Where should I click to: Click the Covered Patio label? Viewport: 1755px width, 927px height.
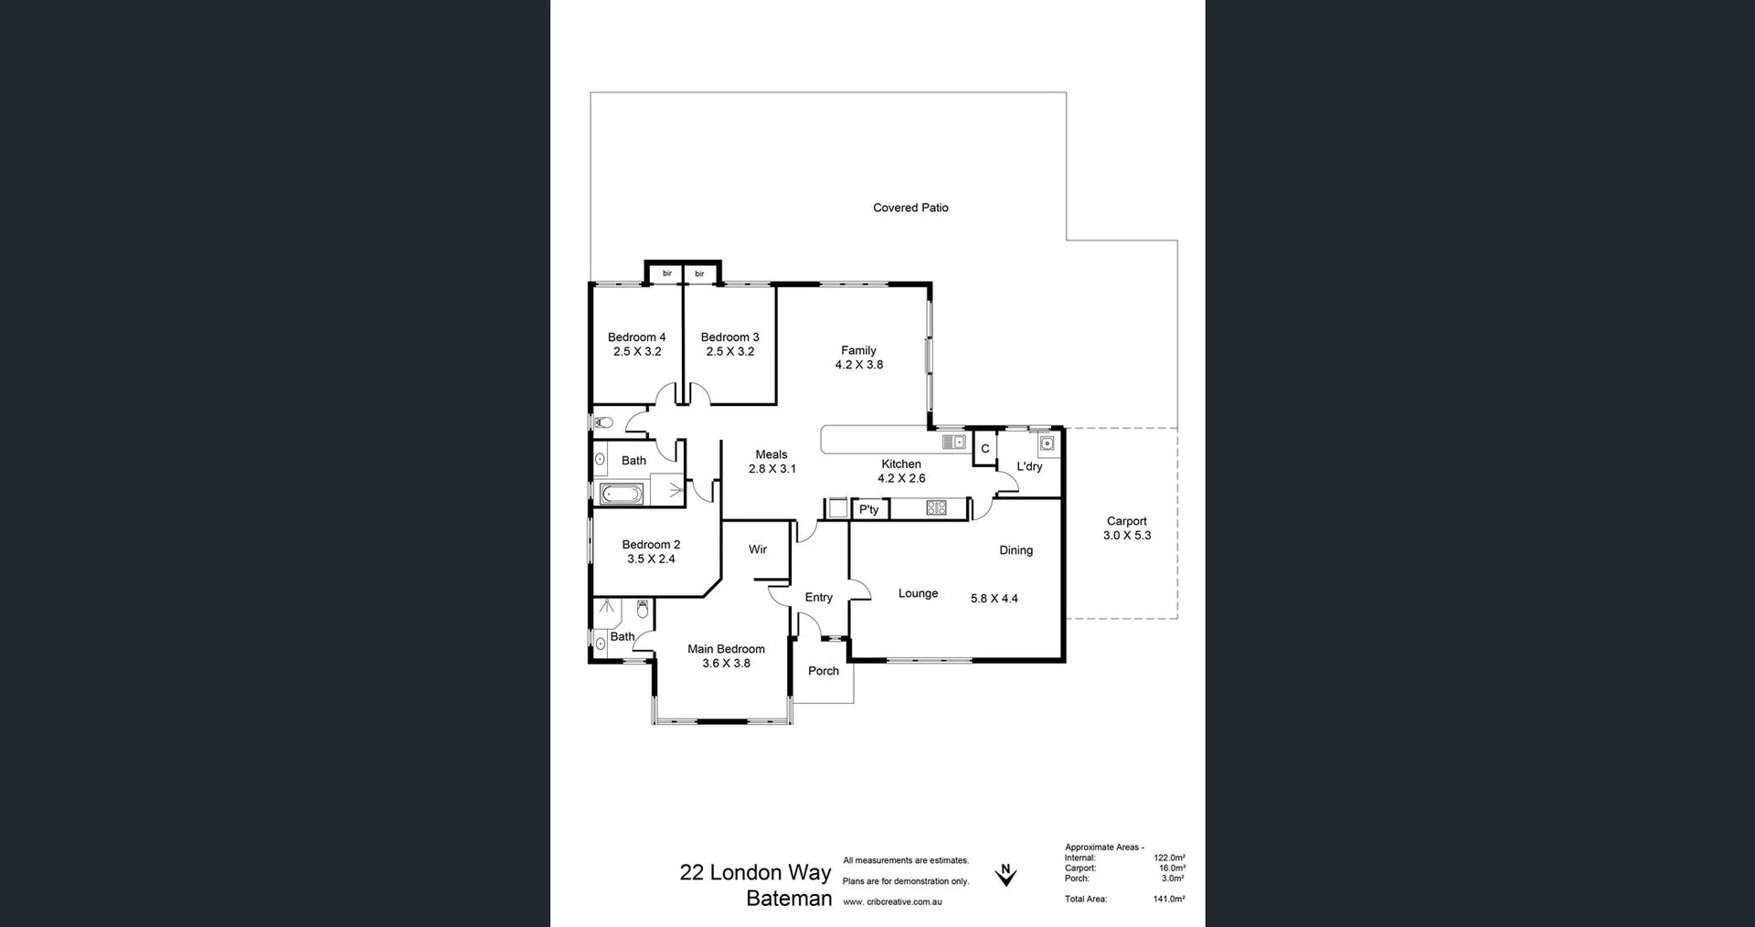[x=910, y=208]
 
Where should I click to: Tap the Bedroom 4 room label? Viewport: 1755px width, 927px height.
[x=636, y=337]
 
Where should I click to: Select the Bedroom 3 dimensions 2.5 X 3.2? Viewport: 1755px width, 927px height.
[x=729, y=352]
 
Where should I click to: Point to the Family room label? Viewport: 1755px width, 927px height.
[x=858, y=350]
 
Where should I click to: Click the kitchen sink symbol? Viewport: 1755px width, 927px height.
[x=954, y=442]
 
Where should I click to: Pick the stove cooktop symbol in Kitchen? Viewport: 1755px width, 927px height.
[x=936, y=508]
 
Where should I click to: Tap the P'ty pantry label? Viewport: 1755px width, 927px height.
[x=868, y=509]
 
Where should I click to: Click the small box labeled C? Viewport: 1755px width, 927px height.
[x=984, y=449]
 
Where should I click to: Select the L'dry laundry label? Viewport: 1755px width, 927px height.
[x=1029, y=466]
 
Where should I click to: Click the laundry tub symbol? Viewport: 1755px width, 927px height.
[x=1048, y=444]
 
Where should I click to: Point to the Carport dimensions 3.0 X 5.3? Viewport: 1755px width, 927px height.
[x=1126, y=536]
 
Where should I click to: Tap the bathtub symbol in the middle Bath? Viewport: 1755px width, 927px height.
[x=622, y=495]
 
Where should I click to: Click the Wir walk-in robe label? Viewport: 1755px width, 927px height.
[x=757, y=549]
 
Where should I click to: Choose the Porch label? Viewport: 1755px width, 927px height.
[x=823, y=671]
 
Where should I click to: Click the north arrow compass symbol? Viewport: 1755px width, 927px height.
[x=1005, y=875]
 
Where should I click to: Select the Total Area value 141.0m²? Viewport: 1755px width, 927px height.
[x=1168, y=900]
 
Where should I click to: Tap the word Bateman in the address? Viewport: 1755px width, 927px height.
[x=788, y=898]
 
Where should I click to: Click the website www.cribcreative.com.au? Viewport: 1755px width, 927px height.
[x=891, y=902]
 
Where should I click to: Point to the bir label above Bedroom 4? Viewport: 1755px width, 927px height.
[x=667, y=273]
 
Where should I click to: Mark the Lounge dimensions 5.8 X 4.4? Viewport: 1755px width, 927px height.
[x=994, y=599]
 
